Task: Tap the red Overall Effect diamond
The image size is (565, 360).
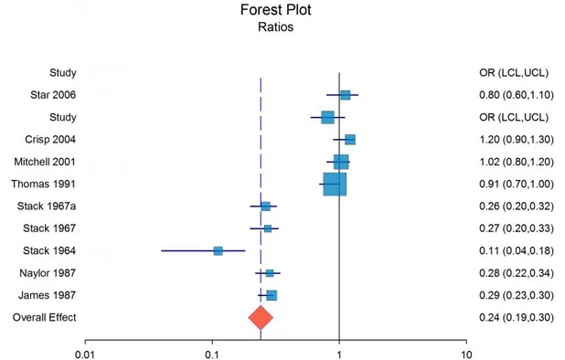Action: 261,317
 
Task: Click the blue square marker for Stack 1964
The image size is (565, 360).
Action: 218,250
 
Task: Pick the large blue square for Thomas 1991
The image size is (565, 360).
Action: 335,184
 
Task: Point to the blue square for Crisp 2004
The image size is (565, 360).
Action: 349,140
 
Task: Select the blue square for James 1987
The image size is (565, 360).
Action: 271,295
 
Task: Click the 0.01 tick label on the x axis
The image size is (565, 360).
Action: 85,352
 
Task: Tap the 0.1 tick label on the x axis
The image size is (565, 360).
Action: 212,352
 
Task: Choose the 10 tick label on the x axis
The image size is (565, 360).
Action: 466,352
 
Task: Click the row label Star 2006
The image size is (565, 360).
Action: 56,95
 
